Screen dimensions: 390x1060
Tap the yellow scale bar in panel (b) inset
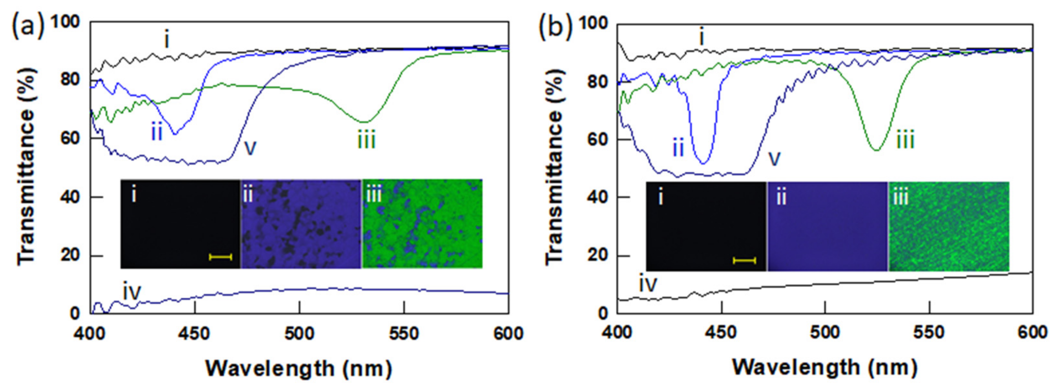[x=744, y=260]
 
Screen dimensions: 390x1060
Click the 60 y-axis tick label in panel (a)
[x=70, y=138]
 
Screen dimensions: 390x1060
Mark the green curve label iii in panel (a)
[x=366, y=141]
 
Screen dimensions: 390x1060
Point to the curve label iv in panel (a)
[x=132, y=292]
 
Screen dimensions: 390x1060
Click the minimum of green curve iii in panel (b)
[x=876, y=150]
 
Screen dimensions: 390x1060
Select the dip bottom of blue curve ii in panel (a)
[x=174, y=134]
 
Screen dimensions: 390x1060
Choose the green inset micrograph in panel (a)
[x=422, y=224]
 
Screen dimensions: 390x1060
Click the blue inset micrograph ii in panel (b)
[x=827, y=226]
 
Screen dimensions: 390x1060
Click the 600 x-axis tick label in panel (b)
[x=1032, y=332]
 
